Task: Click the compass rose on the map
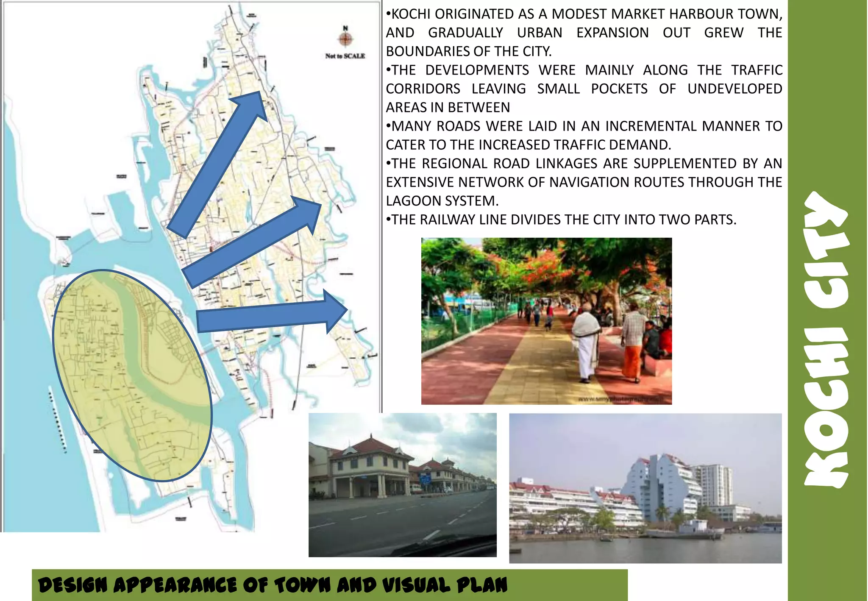pos(345,39)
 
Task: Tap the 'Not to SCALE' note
pos(345,56)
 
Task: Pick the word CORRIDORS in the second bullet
pos(423,89)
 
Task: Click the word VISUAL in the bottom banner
pos(416,586)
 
